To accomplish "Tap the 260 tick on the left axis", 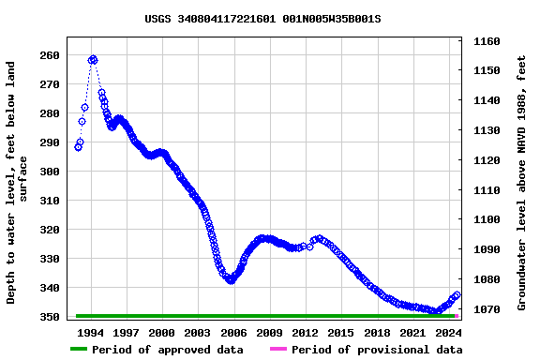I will tap(50, 55).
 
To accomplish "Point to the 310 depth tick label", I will tap(50, 201).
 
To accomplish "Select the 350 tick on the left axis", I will tap(50, 317).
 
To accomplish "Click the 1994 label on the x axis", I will tap(90, 332).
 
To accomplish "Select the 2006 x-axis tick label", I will tap(233, 332).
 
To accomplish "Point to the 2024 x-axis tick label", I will tap(449, 332).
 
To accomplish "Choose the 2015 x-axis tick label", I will tap(341, 332).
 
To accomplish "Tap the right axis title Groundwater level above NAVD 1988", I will tap(521, 182).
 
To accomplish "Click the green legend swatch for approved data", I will tap(79, 350).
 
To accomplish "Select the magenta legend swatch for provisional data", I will tap(278, 350).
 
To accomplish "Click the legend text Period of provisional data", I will tap(376, 350).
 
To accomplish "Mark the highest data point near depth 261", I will tap(93, 59).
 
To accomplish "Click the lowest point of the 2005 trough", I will tap(231, 280).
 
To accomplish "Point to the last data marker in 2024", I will tap(457, 294).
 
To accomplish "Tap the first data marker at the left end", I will tap(78, 147).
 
